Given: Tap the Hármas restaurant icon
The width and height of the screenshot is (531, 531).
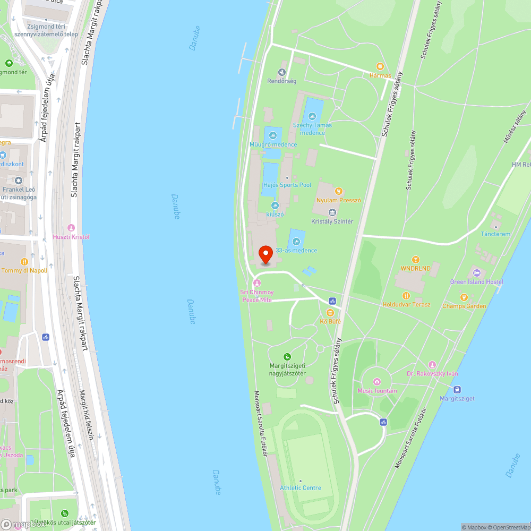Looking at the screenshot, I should point(380,66).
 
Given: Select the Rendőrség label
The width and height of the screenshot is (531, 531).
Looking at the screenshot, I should point(281,81).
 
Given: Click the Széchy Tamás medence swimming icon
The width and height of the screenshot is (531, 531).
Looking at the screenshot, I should point(312,116).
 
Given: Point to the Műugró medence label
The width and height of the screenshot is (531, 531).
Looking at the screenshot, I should point(273,144).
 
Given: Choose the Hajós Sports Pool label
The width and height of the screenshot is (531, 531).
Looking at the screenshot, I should point(287,185).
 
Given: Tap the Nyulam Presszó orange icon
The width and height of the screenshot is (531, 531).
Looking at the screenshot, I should point(338,191).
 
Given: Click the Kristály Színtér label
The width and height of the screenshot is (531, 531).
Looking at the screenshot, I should point(332,221).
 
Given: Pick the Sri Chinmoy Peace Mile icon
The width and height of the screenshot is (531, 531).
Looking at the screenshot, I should point(257,283).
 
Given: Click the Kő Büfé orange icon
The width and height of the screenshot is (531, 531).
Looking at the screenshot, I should point(330,312).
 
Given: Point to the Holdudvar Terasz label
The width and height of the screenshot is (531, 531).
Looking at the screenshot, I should point(406,304).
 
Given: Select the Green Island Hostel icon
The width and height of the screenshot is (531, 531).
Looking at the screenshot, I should point(476,273).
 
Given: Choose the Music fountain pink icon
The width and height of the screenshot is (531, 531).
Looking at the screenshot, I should point(377,382).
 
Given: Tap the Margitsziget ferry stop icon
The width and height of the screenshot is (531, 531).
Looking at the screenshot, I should point(457,389).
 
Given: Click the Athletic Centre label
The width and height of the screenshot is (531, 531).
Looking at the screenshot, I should point(301,487).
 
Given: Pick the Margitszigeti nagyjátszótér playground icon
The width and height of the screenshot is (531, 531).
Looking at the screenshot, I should point(287,357).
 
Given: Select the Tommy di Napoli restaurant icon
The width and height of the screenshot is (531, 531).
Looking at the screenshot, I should point(24,262).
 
